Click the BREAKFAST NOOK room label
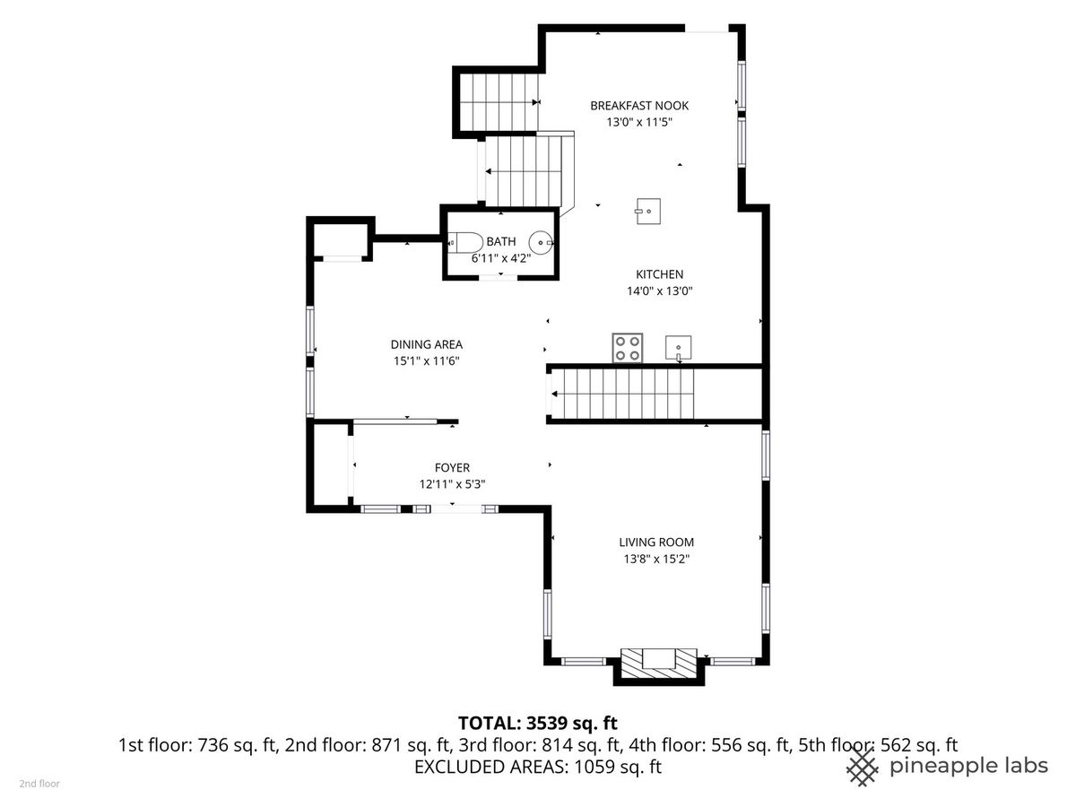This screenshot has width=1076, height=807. pyautogui.click(x=638, y=106)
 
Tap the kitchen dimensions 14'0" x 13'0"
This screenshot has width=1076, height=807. pyautogui.click(x=659, y=291)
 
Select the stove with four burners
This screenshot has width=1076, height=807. pyautogui.click(x=627, y=348)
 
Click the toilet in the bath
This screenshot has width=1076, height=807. pyautogui.click(x=463, y=242)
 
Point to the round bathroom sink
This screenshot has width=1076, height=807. pyautogui.click(x=542, y=242)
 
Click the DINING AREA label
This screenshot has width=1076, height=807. pyautogui.click(x=427, y=344)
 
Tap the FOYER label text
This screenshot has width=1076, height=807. pyautogui.click(x=452, y=467)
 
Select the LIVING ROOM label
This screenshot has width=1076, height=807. pyautogui.click(x=656, y=542)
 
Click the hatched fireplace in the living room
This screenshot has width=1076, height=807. pyautogui.click(x=659, y=664)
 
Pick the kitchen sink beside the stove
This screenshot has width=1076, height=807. pyautogui.click(x=679, y=349)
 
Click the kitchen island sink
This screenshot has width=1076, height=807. pyautogui.click(x=648, y=212)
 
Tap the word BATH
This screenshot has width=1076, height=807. pyautogui.click(x=501, y=241)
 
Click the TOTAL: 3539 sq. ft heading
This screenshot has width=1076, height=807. pyautogui.click(x=538, y=723)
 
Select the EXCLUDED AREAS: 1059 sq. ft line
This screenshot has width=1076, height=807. pyautogui.click(x=538, y=767)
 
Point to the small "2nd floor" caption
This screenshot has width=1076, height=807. pyautogui.click(x=39, y=784)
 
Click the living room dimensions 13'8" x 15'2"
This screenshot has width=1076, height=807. pyautogui.click(x=656, y=559)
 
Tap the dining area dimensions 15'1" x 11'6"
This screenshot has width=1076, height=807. pyautogui.click(x=427, y=361)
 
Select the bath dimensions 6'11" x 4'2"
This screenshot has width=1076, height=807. pyautogui.click(x=501, y=258)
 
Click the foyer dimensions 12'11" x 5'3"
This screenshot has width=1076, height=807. pyautogui.click(x=452, y=484)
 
